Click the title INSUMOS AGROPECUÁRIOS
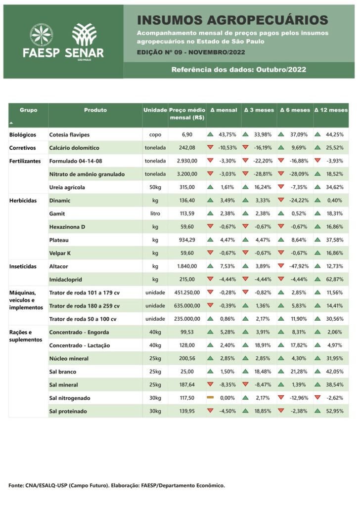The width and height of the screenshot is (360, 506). (x=232, y=20)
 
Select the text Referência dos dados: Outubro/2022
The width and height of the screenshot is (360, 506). (x=238, y=70)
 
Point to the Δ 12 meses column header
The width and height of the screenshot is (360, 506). (x=331, y=110)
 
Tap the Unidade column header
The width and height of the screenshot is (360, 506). (x=155, y=110)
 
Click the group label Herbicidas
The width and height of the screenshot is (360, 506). (x=23, y=201)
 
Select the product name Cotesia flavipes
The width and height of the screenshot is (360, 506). (x=69, y=134)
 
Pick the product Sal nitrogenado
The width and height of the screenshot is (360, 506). (x=70, y=398)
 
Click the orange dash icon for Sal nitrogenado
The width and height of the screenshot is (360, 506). (x=210, y=398)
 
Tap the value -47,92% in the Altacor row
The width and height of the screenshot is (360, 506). (x=300, y=266)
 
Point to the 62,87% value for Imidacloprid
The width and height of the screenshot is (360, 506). (x=334, y=279)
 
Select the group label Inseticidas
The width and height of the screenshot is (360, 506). (x=23, y=266)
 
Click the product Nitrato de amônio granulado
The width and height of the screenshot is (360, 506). (x=87, y=174)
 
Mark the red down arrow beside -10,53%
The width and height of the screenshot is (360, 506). (x=210, y=148)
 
